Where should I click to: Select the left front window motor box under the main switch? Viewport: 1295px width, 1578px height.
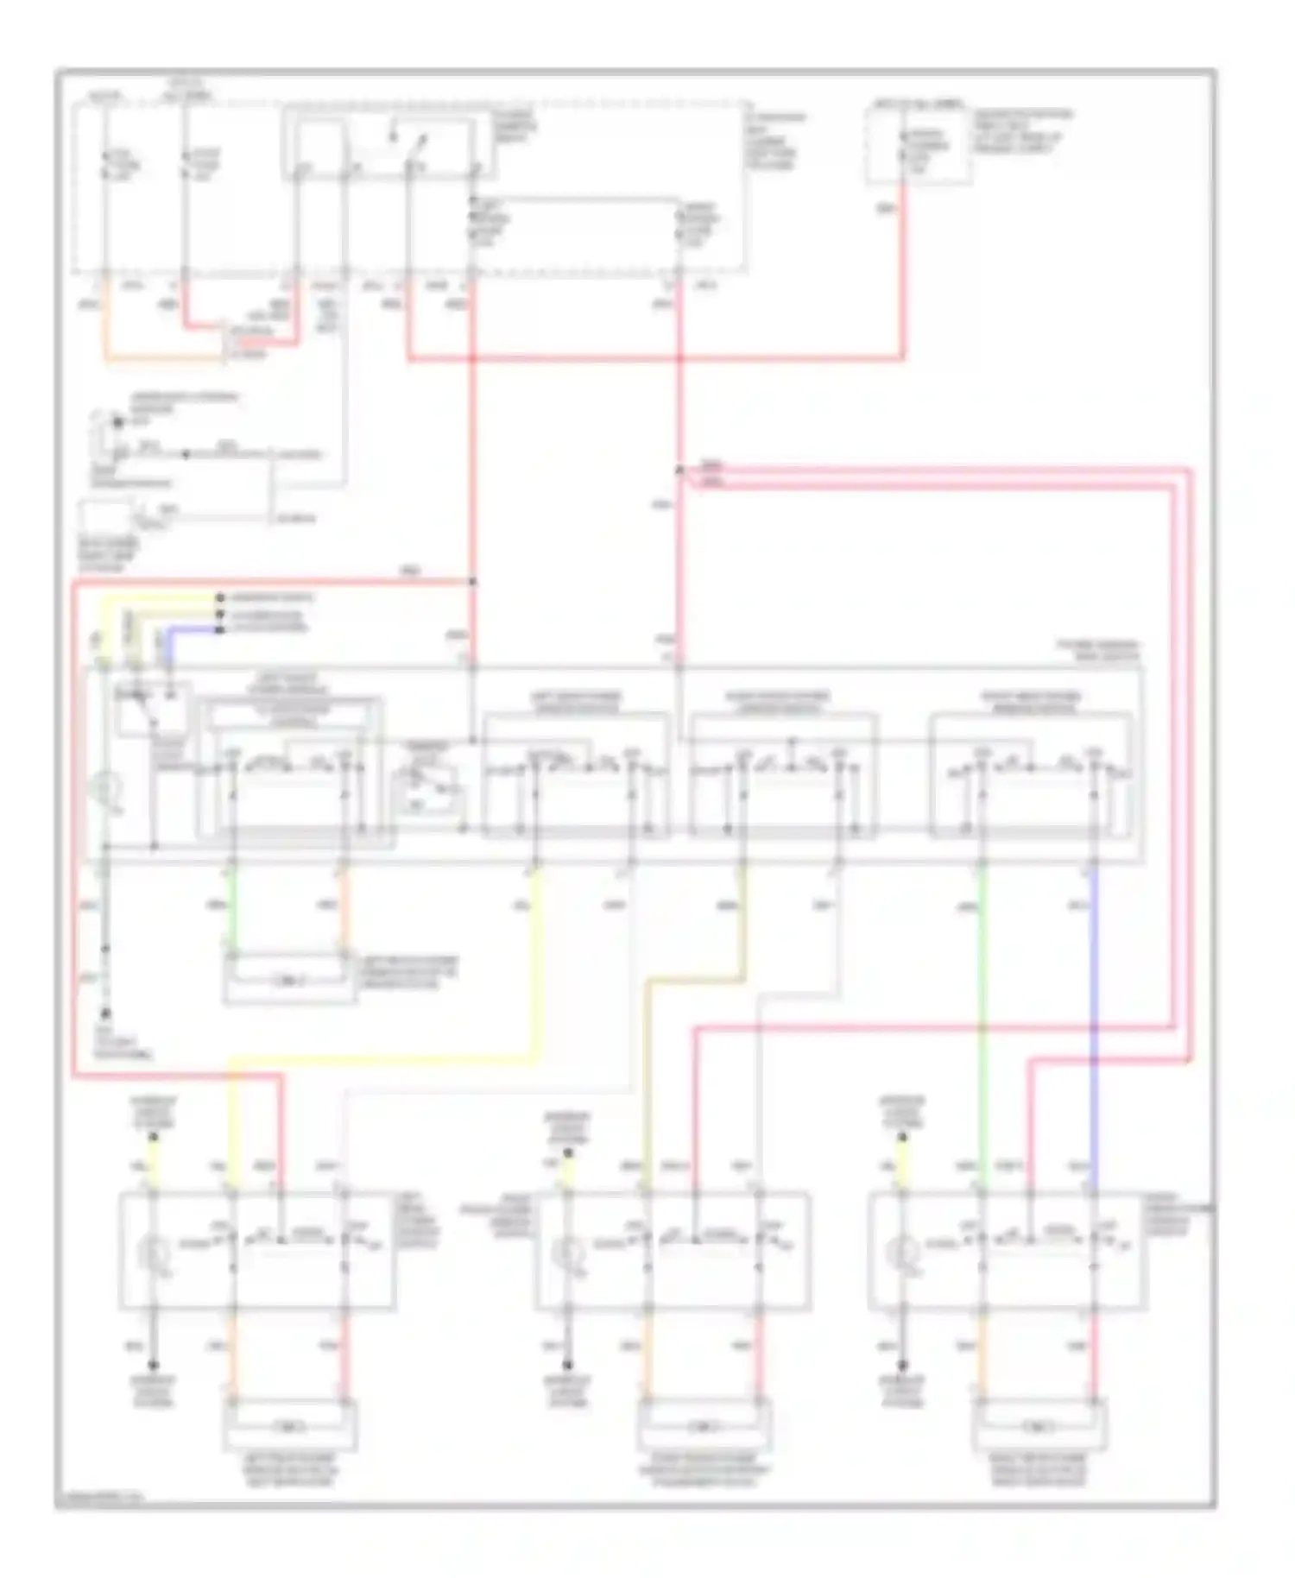tap(290, 981)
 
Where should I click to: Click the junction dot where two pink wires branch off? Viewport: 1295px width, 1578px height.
tap(679, 470)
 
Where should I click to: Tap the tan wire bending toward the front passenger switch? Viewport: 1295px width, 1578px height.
tap(691, 981)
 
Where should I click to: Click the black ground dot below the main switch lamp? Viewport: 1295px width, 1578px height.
tap(105, 1013)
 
